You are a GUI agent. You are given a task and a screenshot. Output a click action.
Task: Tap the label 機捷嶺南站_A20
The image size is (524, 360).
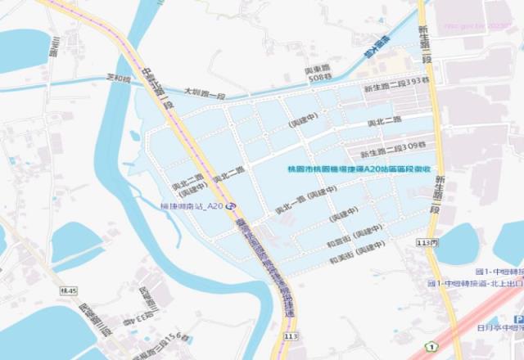[x=192, y=206]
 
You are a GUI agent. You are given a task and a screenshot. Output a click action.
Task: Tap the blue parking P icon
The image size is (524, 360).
[x=520, y=320]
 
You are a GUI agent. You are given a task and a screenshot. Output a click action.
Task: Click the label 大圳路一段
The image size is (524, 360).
[x=204, y=95]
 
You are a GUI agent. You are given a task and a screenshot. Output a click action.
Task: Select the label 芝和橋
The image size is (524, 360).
[x=119, y=79]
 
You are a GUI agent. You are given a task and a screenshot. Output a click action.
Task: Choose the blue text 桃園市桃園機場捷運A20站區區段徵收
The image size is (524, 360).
[x=358, y=169]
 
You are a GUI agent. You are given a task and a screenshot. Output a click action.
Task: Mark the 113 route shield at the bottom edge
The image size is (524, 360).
[x=291, y=335]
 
